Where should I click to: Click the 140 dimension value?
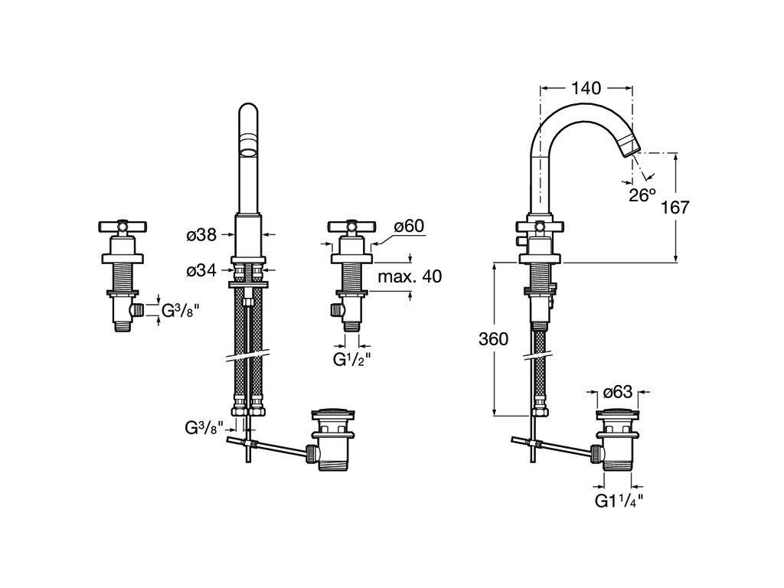click(586, 88)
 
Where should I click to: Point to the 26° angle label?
click(642, 194)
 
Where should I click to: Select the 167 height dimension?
click(675, 207)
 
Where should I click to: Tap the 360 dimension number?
click(494, 339)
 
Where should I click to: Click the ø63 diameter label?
click(617, 392)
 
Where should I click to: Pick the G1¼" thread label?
click(619, 501)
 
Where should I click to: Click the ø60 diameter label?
click(409, 226)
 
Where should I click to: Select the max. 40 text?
click(409, 276)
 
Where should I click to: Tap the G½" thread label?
click(352, 359)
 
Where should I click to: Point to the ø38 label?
click(201, 236)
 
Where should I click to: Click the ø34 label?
click(201, 269)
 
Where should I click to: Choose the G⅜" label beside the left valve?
click(180, 311)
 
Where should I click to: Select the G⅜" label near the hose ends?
click(203, 427)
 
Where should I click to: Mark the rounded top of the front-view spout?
click(248, 112)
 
